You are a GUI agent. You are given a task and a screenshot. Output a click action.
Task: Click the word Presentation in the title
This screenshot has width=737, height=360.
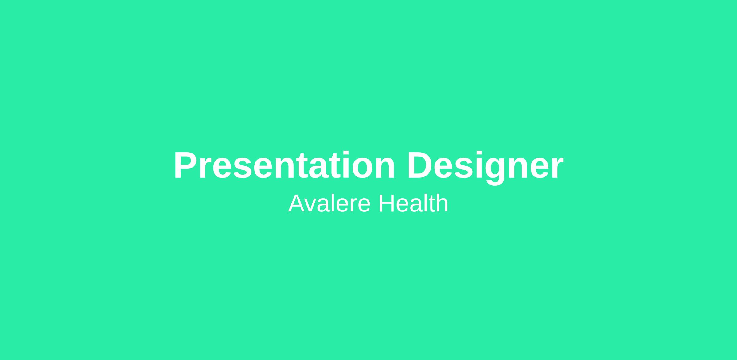[284, 165]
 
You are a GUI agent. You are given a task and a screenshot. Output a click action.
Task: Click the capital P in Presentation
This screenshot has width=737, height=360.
[185, 165]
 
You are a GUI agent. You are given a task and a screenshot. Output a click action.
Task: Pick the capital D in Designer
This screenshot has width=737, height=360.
[421, 165]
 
